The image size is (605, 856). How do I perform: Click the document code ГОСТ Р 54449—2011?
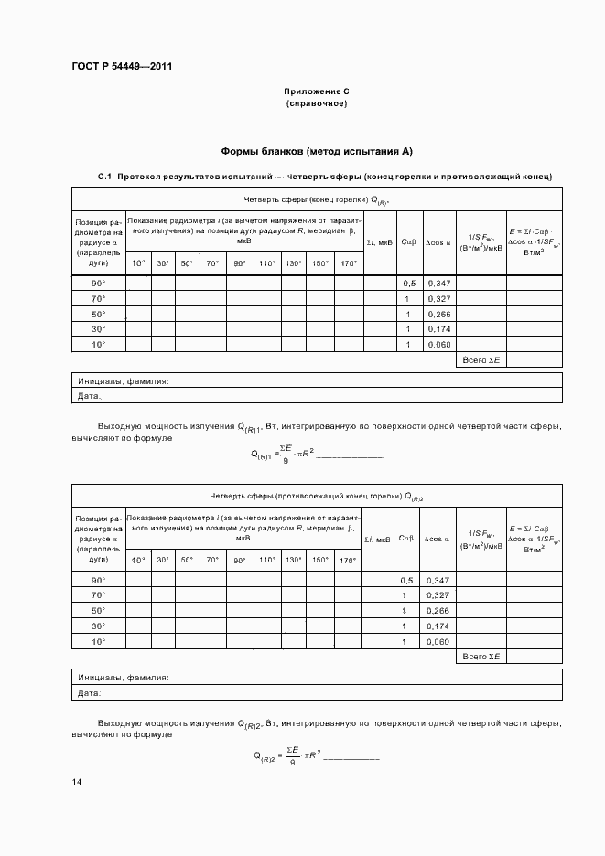(x=122, y=67)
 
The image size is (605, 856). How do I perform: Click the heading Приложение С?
(x=316, y=92)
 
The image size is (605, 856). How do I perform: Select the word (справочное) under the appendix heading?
(x=316, y=103)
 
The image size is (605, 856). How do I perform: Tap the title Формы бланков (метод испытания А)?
(x=317, y=151)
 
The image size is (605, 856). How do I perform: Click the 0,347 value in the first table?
(x=439, y=284)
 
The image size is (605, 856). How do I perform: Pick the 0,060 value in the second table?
(x=439, y=642)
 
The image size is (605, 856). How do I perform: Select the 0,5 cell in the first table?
(x=408, y=284)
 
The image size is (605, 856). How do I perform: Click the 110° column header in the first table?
(x=266, y=264)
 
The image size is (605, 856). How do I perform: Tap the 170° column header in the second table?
(x=349, y=561)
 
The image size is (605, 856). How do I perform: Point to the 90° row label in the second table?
(x=98, y=581)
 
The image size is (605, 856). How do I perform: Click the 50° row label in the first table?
(x=98, y=314)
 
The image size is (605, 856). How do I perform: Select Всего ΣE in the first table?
(x=481, y=360)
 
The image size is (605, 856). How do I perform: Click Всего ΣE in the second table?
(x=481, y=657)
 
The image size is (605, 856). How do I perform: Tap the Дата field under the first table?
(x=90, y=397)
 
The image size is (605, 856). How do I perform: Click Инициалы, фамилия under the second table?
(x=124, y=679)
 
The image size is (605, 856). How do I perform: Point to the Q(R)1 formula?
(x=316, y=453)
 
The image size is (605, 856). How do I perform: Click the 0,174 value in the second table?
(x=439, y=626)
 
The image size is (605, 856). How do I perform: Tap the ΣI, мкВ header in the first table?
(x=379, y=242)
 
